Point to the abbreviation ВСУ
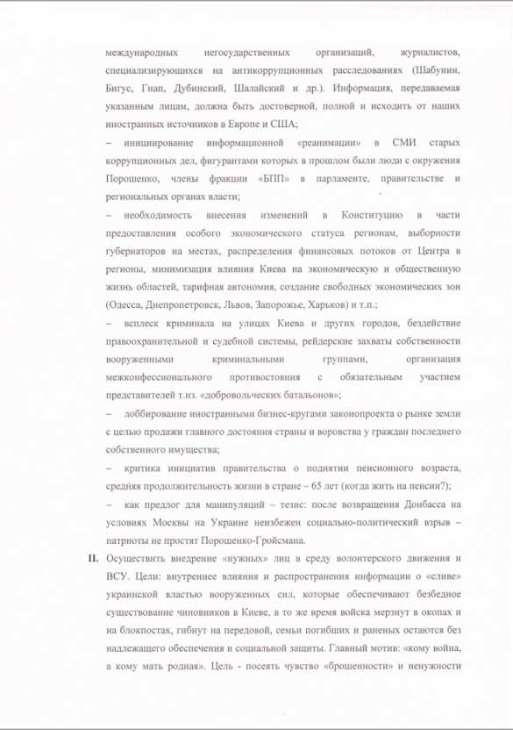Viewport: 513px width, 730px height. tap(118, 580)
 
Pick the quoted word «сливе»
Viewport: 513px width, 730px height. tap(440, 580)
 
